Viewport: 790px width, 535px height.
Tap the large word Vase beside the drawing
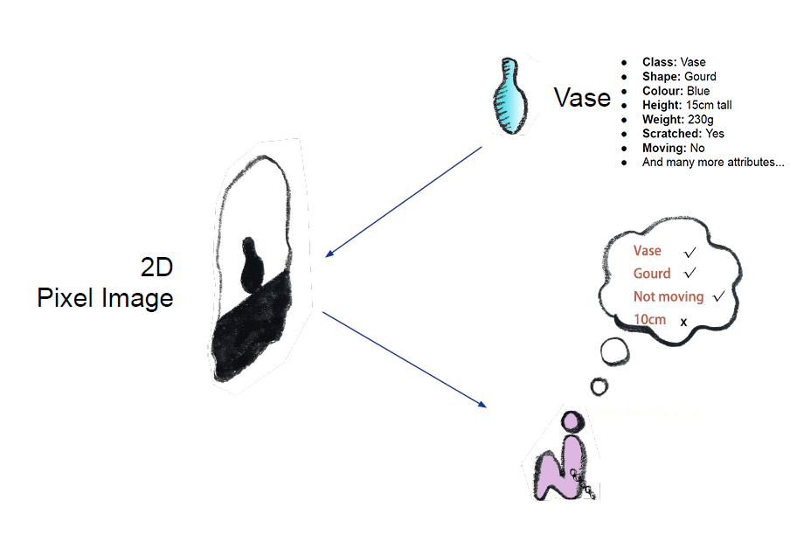(x=582, y=97)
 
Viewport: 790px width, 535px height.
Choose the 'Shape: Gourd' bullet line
(x=679, y=76)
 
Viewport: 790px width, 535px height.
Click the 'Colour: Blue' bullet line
(x=676, y=91)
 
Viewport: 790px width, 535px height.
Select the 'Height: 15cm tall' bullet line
(x=687, y=105)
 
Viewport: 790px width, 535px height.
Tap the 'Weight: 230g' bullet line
(x=677, y=119)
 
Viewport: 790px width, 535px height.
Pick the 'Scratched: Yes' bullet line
(x=683, y=134)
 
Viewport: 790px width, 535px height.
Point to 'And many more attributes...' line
(x=713, y=162)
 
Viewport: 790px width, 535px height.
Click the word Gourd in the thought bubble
(x=652, y=274)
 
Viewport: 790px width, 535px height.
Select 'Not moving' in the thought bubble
(x=669, y=297)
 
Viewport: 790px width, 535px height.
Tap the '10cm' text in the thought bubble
(x=649, y=320)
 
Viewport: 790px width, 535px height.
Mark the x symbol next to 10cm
(x=683, y=323)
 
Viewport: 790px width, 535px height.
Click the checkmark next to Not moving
(x=719, y=297)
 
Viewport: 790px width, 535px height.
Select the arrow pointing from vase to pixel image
(x=403, y=202)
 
